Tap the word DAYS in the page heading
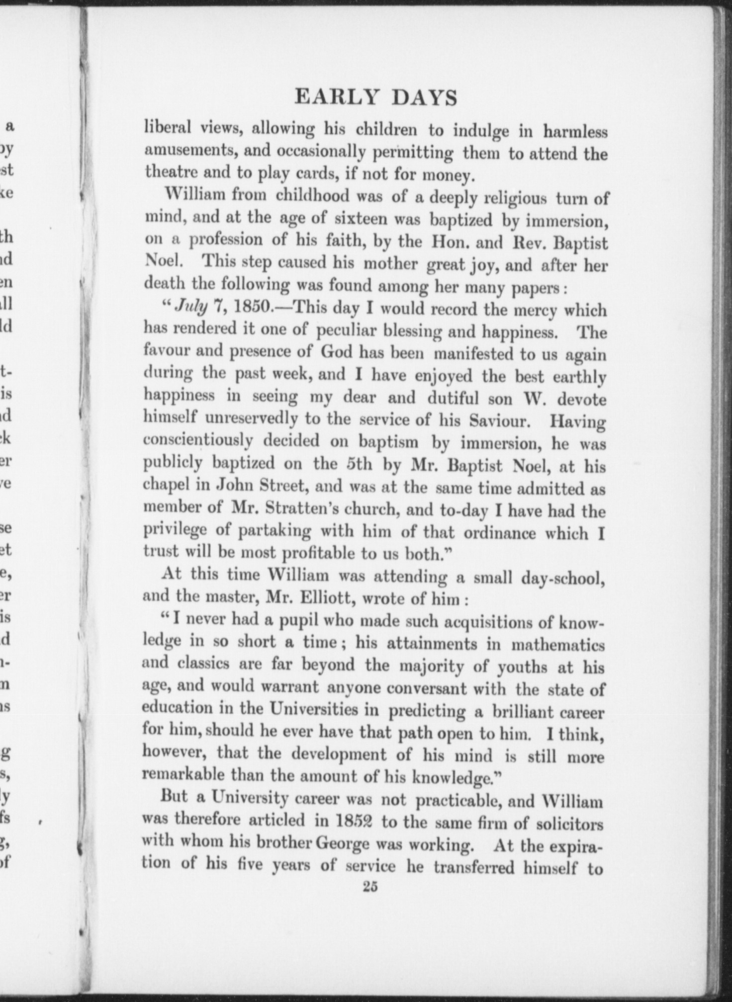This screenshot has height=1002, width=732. [x=424, y=98]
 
